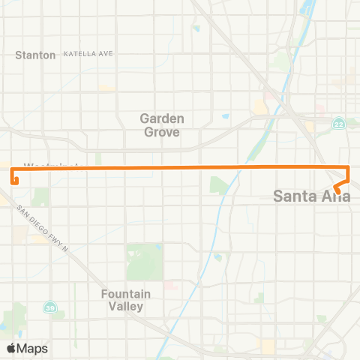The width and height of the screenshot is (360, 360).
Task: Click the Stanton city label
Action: tap(36, 55)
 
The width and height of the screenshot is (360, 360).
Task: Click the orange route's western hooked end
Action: tap(15, 180)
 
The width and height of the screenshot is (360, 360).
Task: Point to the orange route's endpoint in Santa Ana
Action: tap(338, 192)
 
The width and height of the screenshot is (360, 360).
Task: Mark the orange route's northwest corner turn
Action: tap(13, 168)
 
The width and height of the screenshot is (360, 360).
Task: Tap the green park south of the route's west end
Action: tap(41, 197)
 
